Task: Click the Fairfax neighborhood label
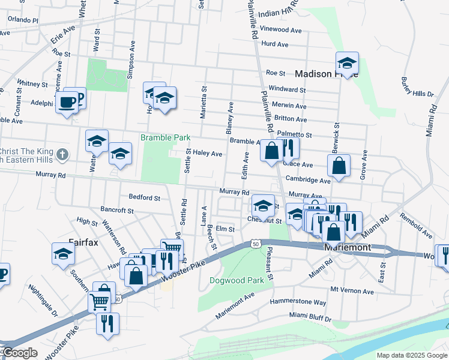[83, 242]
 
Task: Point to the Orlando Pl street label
[23, 20]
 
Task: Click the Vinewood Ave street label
[281, 29]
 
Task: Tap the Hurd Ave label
[275, 44]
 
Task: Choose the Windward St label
[288, 89]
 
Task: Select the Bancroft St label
[117, 210]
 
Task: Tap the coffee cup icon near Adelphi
[67, 102]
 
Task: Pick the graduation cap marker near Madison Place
[347, 63]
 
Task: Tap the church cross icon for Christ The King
[61, 155]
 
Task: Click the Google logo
[19, 353]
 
